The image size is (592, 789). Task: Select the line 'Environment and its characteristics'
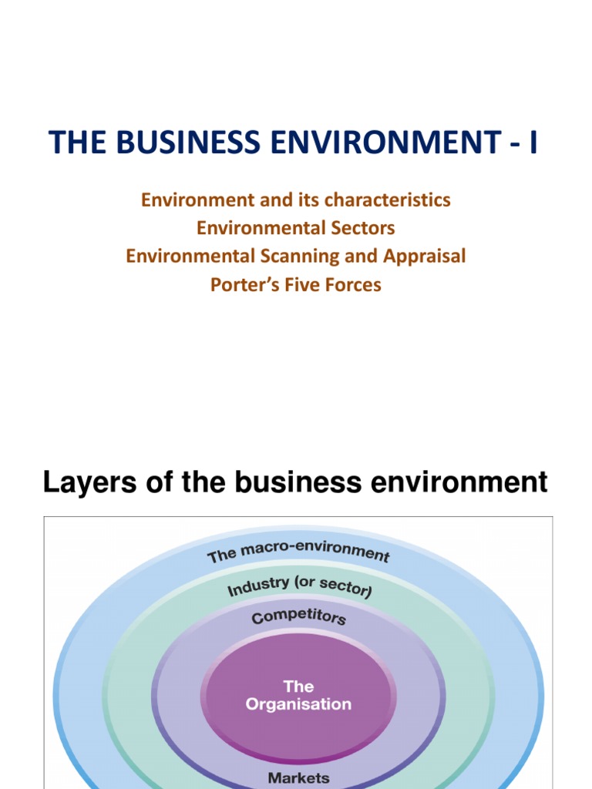click(295, 200)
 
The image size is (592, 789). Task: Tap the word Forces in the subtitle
click(351, 284)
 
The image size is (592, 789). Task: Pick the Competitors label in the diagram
click(298, 618)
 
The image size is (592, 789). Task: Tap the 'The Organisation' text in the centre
click(298, 695)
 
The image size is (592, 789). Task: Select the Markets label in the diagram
click(298, 777)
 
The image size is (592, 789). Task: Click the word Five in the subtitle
click(298, 284)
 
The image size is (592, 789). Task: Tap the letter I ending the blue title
click(532, 143)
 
